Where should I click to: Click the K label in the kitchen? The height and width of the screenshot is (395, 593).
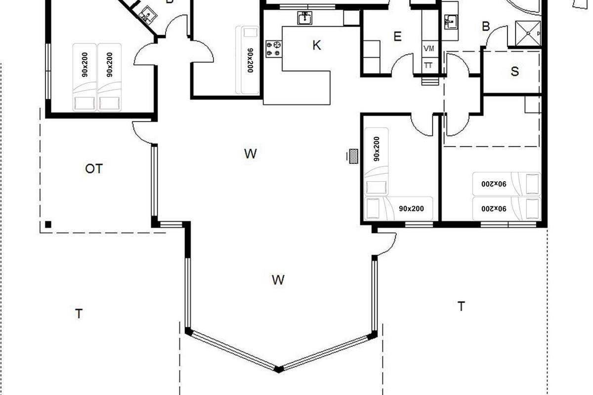click(317, 45)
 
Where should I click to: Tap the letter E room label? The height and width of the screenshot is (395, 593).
click(397, 36)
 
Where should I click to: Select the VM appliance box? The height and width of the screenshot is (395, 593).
click(429, 49)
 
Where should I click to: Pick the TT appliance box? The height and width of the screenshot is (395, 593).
click(429, 65)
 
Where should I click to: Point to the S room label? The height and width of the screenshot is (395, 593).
click(514, 72)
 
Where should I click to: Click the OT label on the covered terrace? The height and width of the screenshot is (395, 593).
click(94, 168)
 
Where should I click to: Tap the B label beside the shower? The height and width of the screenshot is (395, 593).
click(486, 27)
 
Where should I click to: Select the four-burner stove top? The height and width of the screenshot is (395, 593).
click(274, 49)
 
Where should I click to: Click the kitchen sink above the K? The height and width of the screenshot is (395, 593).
click(305, 18)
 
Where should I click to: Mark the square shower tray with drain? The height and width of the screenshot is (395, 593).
click(528, 34)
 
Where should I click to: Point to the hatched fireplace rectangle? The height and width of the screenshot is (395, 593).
click(354, 157)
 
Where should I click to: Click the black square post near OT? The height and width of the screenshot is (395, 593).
click(48, 225)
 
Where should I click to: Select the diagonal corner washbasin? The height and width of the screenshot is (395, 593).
click(147, 14)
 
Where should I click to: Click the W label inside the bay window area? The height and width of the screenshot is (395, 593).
click(278, 279)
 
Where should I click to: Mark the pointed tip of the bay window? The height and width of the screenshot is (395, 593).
click(278, 370)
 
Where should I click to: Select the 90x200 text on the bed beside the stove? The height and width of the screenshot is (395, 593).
click(250, 60)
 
